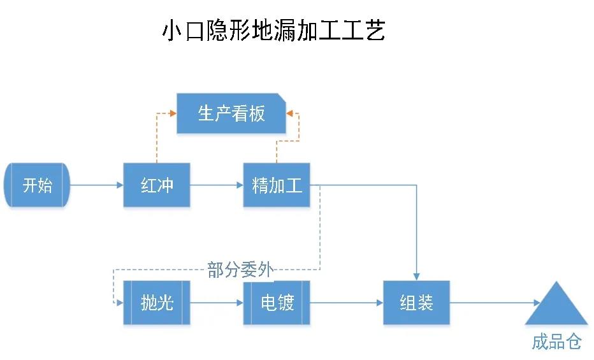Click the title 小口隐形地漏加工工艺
pyautogui.click(x=274, y=31)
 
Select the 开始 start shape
pyautogui.click(x=38, y=185)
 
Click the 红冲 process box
pyautogui.click(x=156, y=185)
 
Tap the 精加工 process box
pyautogui.click(x=277, y=185)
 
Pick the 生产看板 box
pyautogui.click(x=231, y=113)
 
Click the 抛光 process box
pyautogui.click(x=156, y=303)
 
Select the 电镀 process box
pyautogui.click(x=277, y=303)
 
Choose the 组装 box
pyautogui.click(x=416, y=303)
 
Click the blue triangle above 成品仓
pyautogui.click(x=556, y=306)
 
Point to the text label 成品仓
pyautogui.click(x=556, y=342)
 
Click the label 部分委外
pyautogui.click(x=241, y=270)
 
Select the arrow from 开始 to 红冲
pyautogui.click(x=96, y=185)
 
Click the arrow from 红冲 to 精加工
pyautogui.click(x=217, y=185)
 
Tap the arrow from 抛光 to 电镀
pyautogui.click(x=217, y=303)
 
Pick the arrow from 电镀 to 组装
pyautogui.click(x=347, y=303)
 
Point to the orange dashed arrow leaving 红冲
pyautogui.click(x=157, y=137)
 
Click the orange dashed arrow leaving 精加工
pyautogui.click(x=277, y=143)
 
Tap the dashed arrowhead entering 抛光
pyautogui.click(x=119, y=303)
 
